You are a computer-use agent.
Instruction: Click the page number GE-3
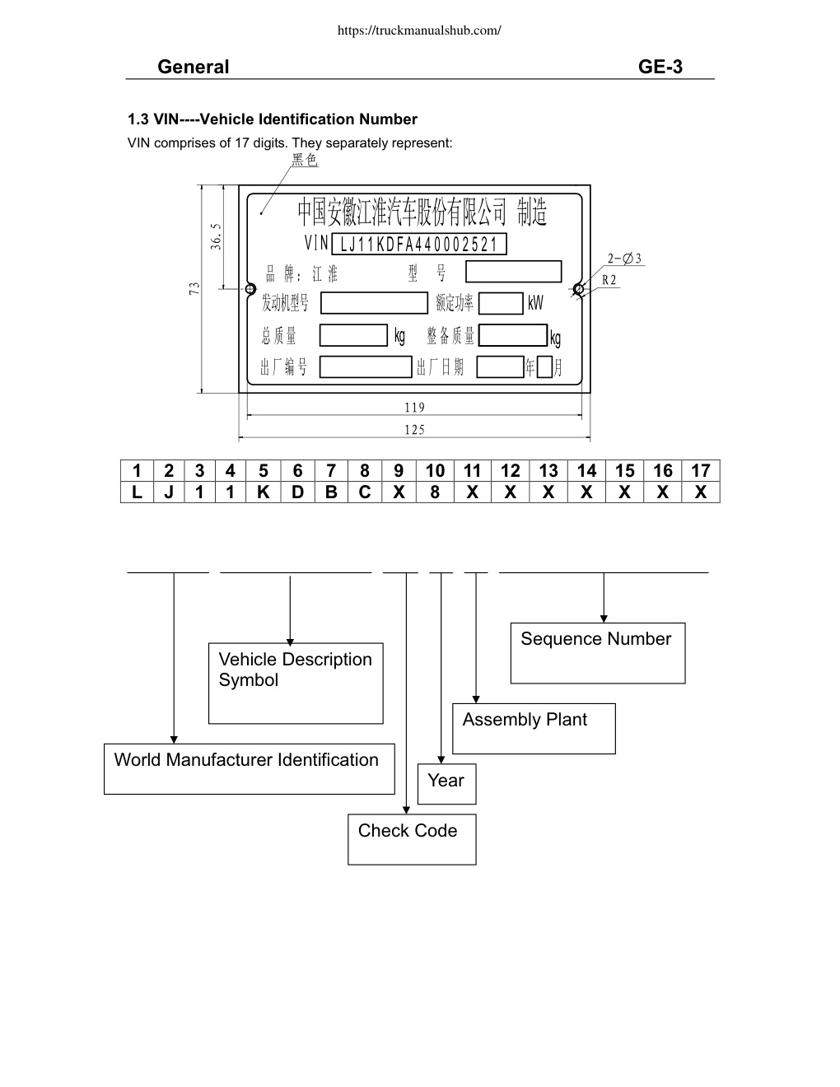tap(660, 67)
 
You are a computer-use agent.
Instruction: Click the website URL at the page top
tap(419, 30)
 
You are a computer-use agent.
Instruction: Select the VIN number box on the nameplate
tap(418, 244)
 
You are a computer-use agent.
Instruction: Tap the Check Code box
tap(412, 839)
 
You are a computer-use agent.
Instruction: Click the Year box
tap(447, 784)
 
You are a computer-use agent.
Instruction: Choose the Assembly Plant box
tap(534, 728)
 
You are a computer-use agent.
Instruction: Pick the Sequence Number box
tap(598, 653)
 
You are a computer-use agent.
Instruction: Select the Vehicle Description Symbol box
tap(296, 683)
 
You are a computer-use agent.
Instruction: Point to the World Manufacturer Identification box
tap(250, 769)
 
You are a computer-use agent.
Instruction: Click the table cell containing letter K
tap(264, 492)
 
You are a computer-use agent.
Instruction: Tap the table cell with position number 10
tap(435, 471)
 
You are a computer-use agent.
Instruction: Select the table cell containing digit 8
tap(435, 492)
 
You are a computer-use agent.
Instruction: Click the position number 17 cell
tap(701, 471)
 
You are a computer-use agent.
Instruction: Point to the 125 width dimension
tap(415, 430)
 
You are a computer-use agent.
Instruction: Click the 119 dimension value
tap(415, 408)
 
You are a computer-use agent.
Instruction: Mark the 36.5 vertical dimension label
tap(215, 236)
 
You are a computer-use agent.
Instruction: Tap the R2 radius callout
tap(609, 280)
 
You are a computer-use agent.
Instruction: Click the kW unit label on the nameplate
tap(535, 303)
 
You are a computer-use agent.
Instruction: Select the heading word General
tap(193, 67)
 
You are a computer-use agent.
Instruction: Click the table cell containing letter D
tap(297, 492)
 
